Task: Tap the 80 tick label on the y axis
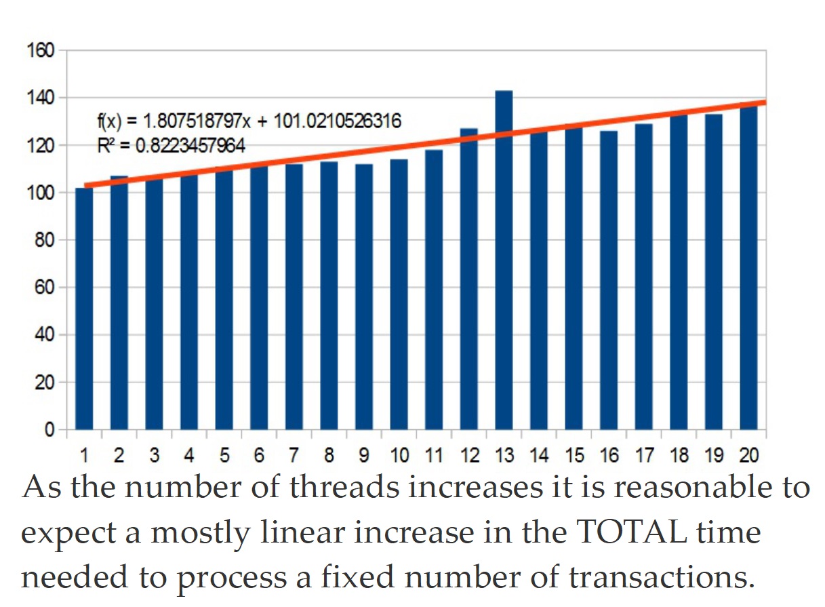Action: coord(44,240)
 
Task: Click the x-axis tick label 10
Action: coord(399,454)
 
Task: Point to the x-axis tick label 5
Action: coord(224,454)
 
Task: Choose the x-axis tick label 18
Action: coord(679,454)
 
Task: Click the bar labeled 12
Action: coord(469,279)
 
